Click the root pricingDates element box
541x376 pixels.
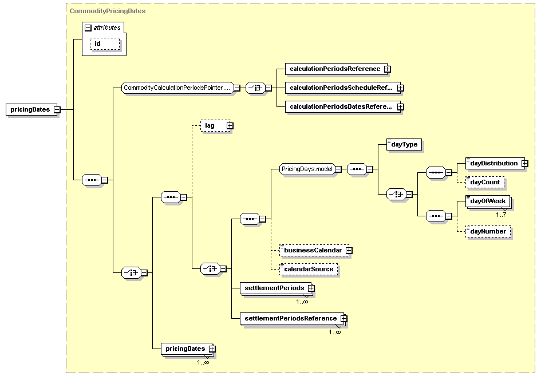[x=31, y=110]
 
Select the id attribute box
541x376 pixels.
[x=105, y=44]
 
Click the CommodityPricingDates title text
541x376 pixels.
[x=108, y=11]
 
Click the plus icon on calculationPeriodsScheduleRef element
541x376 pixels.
[x=400, y=88]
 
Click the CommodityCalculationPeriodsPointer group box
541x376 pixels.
[x=177, y=88]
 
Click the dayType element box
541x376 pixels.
[x=404, y=145]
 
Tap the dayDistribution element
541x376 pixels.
[x=495, y=164]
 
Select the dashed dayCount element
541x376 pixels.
[x=485, y=183]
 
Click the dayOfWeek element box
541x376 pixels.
[x=488, y=201]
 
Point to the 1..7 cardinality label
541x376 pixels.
[x=501, y=215]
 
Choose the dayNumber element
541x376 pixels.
[x=488, y=231]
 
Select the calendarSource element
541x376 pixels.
[x=309, y=270]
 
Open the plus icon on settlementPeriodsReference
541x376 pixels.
[x=343, y=318]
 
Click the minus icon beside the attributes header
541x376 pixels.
[x=88, y=28]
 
